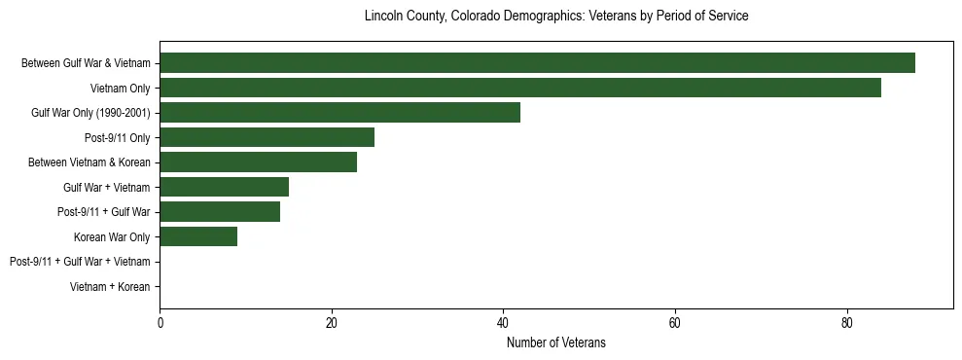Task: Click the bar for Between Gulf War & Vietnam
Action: click(537, 63)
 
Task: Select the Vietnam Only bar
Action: click(520, 88)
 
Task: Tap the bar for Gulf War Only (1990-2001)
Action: click(339, 113)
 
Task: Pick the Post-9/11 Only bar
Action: click(267, 137)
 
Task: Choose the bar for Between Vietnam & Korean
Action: click(258, 162)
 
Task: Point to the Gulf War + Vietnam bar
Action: click(224, 187)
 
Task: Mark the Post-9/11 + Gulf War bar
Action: click(220, 212)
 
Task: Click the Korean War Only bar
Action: click(198, 236)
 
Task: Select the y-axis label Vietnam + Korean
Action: click(111, 287)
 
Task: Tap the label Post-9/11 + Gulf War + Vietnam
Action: click(80, 262)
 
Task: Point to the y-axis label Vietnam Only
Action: click(121, 89)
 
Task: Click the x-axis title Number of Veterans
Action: click(556, 342)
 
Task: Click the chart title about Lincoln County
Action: click(556, 17)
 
